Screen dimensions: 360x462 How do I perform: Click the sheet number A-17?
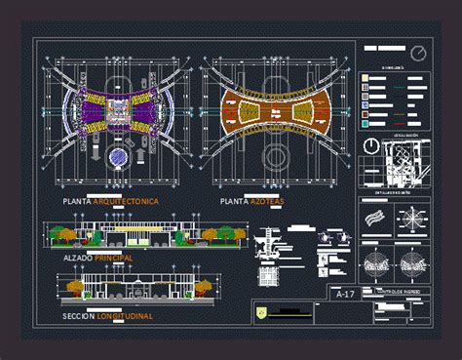(x=341, y=294)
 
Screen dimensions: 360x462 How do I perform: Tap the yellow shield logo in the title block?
(x=260, y=311)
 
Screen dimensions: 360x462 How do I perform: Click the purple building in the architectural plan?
(x=116, y=114)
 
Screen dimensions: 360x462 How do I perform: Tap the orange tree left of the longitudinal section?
(x=75, y=285)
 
